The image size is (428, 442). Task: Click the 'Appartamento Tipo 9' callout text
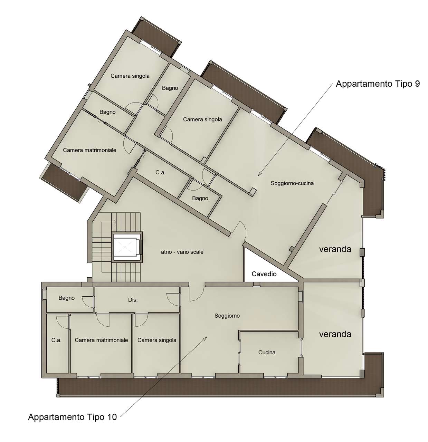(378, 84)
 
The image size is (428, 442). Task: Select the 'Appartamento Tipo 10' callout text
(72, 417)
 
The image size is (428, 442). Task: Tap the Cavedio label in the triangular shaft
(264, 274)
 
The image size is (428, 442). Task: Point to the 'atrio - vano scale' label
(182, 252)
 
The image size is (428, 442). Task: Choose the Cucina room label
(267, 352)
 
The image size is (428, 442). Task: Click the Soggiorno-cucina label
(292, 183)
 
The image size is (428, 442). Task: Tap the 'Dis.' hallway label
(133, 300)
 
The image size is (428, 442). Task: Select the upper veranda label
(335, 249)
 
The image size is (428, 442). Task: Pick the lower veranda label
(335, 334)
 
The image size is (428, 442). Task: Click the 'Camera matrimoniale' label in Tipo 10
(101, 340)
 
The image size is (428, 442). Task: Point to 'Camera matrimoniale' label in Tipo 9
(89, 150)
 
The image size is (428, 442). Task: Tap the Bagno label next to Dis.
(66, 298)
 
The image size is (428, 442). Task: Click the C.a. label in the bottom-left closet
(56, 340)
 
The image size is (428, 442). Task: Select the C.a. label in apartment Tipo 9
(160, 172)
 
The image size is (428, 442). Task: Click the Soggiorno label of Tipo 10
(227, 316)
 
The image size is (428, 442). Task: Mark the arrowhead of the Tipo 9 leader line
(258, 176)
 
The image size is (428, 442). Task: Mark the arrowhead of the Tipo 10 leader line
(207, 336)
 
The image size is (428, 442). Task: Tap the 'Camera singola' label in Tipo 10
(157, 340)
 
